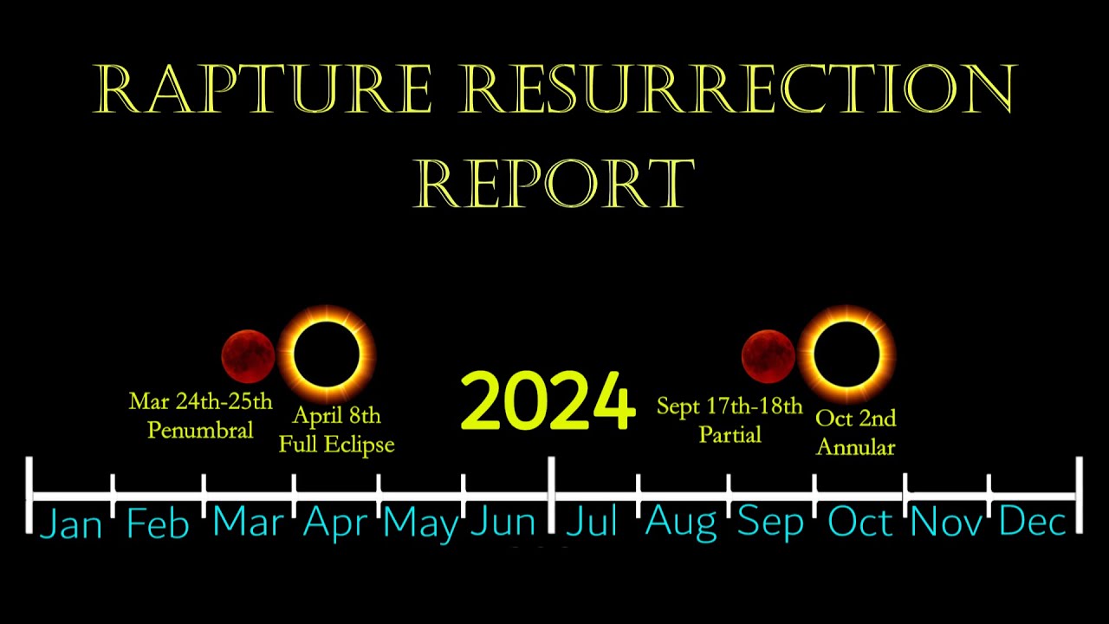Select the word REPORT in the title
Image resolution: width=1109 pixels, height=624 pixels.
pyautogui.click(x=554, y=183)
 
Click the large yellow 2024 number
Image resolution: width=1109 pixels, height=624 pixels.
pyautogui.click(x=548, y=402)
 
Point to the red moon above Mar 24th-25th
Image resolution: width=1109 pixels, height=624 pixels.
pyautogui.click(x=248, y=355)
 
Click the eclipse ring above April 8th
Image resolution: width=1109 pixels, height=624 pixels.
pyautogui.click(x=326, y=354)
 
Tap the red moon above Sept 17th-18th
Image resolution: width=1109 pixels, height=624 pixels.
pyautogui.click(x=768, y=355)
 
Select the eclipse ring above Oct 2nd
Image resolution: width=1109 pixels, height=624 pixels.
pyautogui.click(x=846, y=354)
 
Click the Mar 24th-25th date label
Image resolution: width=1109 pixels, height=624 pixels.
pyautogui.click(x=200, y=401)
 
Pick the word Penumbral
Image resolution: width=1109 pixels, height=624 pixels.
pyautogui.click(x=200, y=429)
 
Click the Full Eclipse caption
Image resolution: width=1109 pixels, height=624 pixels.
pyautogui.click(x=336, y=445)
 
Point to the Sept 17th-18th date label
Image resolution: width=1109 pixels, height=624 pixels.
pyautogui.click(x=730, y=406)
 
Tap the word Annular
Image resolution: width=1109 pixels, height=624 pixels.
pyautogui.click(x=855, y=447)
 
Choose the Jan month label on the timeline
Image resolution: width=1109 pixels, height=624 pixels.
pyautogui.click(x=71, y=523)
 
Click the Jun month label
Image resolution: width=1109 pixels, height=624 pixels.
pyautogui.click(x=503, y=522)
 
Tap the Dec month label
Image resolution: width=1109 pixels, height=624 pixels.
pyautogui.click(x=1032, y=522)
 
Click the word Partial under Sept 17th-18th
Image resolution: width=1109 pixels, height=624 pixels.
pyautogui.click(x=730, y=434)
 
